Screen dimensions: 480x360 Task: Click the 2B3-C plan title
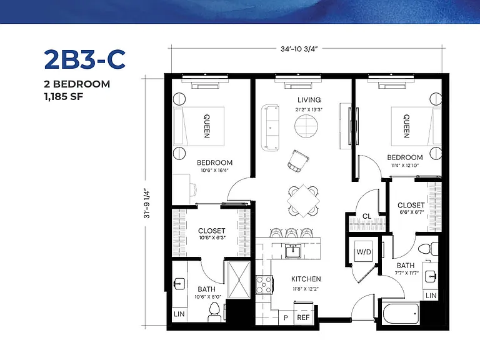[x=85, y=59]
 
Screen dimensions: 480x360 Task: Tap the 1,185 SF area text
[x=64, y=97]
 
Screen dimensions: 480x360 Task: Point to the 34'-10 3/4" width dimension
[x=299, y=49]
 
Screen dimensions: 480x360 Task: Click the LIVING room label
[x=309, y=100]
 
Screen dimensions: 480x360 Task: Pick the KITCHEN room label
[x=306, y=279]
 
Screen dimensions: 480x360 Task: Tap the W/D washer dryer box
[x=364, y=252]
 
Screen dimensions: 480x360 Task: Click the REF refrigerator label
[x=303, y=317]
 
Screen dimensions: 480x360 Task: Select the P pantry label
[x=286, y=317]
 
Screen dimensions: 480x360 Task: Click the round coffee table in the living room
[x=306, y=126]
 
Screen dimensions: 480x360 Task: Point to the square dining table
[x=303, y=201]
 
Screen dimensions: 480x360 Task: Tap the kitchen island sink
[x=293, y=251]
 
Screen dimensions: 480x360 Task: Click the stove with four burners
[x=264, y=285]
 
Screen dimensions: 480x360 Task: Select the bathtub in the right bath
[x=401, y=314]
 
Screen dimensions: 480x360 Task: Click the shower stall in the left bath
[x=239, y=279]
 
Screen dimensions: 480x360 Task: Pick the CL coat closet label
[x=367, y=216]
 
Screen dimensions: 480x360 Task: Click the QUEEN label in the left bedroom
[x=207, y=126]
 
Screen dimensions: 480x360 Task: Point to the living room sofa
[x=270, y=127]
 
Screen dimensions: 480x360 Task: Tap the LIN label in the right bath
[x=431, y=296]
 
